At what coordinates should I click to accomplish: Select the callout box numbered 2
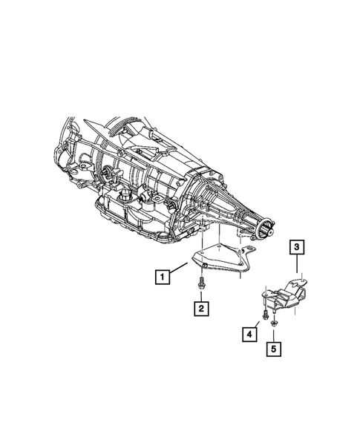click(200, 306)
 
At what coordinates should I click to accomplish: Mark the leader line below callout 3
click(295, 266)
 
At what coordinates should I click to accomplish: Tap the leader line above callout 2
click(200, 295)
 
